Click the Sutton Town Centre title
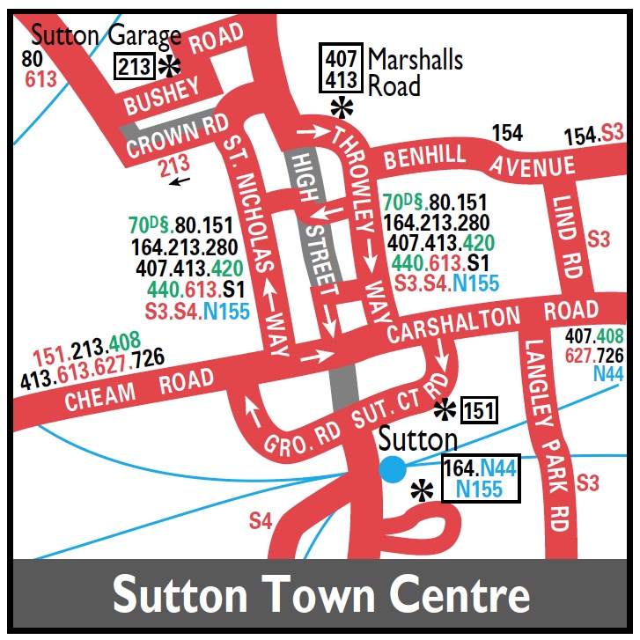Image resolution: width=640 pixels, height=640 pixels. pos(320,595)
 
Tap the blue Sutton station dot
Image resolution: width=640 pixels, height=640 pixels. pos(393,469)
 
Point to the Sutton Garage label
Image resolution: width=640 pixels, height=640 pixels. pos(106,36)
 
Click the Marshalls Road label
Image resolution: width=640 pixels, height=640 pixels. pos(415,72)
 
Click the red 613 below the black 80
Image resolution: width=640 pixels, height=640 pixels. pos(40,80)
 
